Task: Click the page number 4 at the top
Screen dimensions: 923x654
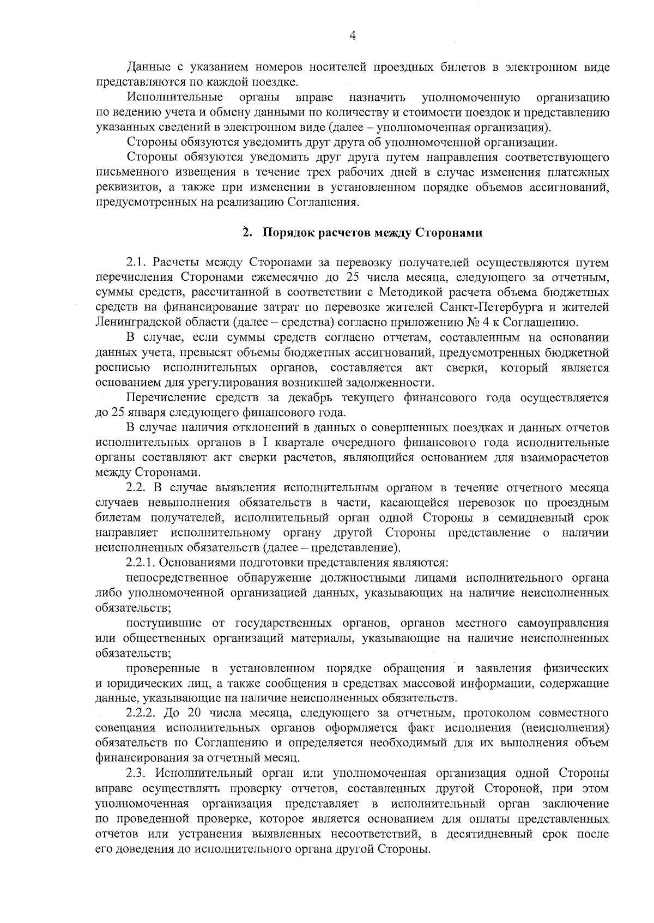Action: (352, 36)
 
